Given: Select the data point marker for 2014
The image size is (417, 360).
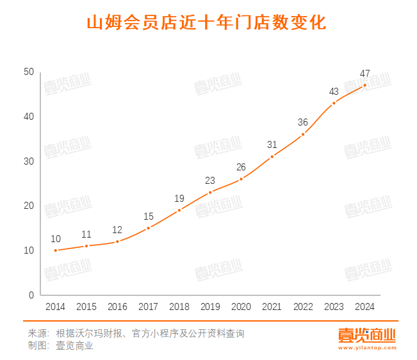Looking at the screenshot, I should [x=56, y=250].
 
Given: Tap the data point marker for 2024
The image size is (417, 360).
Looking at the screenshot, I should [x=364, y=85].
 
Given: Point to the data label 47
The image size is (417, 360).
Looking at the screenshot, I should [x=364, y=73].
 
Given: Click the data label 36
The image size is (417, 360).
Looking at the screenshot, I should [x=303, y=122].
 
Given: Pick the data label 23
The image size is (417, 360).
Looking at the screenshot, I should [x=210, y=180].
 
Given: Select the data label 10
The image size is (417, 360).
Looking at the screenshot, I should [x=56, y=239].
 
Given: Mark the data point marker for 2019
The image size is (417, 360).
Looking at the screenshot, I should [x=210, y=192].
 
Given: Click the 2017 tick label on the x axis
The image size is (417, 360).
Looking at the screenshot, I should [x=148, y=307].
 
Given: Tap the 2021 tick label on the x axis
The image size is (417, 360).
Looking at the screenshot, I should [x=272, y=307].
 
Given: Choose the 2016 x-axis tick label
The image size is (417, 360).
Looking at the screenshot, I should [x=117, y=307].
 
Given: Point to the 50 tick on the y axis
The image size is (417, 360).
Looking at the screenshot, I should [x=29, y=72].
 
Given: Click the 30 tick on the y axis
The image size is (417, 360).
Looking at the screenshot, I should [x=29, y=161].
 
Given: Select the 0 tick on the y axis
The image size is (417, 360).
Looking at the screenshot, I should [x=31, y=295].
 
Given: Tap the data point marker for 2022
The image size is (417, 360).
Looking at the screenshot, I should [x=303, y=135].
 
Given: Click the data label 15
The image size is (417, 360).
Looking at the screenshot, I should [x=149, y=217].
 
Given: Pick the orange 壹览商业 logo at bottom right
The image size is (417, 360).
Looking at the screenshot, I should [x=367, y=335].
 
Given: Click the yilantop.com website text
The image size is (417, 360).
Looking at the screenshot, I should [x=367, y=348].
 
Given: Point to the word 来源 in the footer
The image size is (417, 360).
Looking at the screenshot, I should [x=38, y=334].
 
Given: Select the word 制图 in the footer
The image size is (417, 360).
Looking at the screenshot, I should [x=38, y=346].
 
